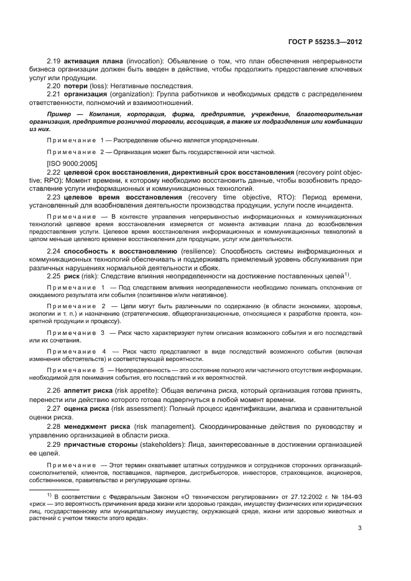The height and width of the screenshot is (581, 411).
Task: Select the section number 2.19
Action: pos(55,62)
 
